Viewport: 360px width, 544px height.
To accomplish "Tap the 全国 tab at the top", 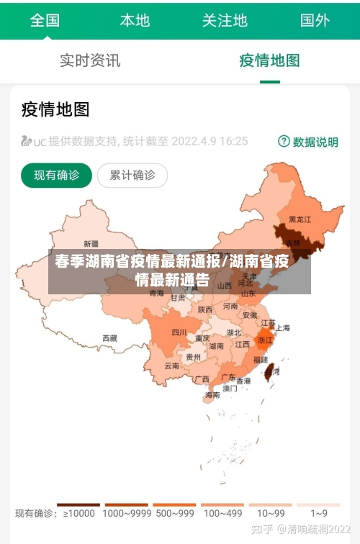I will coord(45,20).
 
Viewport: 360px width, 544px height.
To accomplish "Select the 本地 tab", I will coord(135,20).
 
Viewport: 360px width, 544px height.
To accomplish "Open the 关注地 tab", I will coord(225,20).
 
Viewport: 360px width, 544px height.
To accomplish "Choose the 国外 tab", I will coord(315,20).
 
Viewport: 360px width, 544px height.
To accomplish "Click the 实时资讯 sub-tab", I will coord(90,60).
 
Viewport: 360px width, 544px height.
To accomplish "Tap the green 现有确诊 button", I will coord(57,175).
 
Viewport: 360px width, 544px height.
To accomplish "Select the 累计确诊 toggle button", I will coord(132,175).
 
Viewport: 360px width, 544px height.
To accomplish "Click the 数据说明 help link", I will coord(308,142).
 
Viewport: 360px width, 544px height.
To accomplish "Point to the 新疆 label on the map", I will coord(91,243).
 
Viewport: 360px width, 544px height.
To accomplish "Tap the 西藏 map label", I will coord(109,337).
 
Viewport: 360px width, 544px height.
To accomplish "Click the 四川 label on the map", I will coord(179,332).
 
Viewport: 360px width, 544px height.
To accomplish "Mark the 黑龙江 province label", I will coord(300,219).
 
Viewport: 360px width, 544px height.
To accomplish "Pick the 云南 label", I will coord(171,366).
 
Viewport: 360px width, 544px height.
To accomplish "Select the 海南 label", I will coord(212,395).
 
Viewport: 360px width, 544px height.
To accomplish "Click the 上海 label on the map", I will coord(283,328).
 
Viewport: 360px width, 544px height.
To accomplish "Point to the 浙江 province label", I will coord(266,340).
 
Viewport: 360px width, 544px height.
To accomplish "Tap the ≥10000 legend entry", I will coord(79,513).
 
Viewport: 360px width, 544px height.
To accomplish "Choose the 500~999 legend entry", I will coord(174,513).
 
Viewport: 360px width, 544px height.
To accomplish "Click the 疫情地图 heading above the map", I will coord(55,109).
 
